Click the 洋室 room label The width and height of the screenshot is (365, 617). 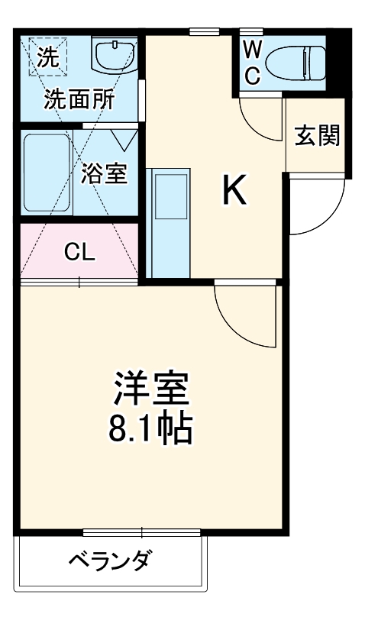tap(150, 389)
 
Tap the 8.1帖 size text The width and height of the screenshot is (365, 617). tap(150, 430)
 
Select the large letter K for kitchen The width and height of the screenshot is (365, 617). tap(234, 191)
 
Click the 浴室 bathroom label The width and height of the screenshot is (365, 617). tap(103, 173)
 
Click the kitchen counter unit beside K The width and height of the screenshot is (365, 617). tap(170, 223)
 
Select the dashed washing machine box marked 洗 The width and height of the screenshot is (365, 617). tap(47, 58)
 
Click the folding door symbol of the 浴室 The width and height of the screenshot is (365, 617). tap(123, 139)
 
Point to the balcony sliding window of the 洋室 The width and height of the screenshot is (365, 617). tap(141, 532)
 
